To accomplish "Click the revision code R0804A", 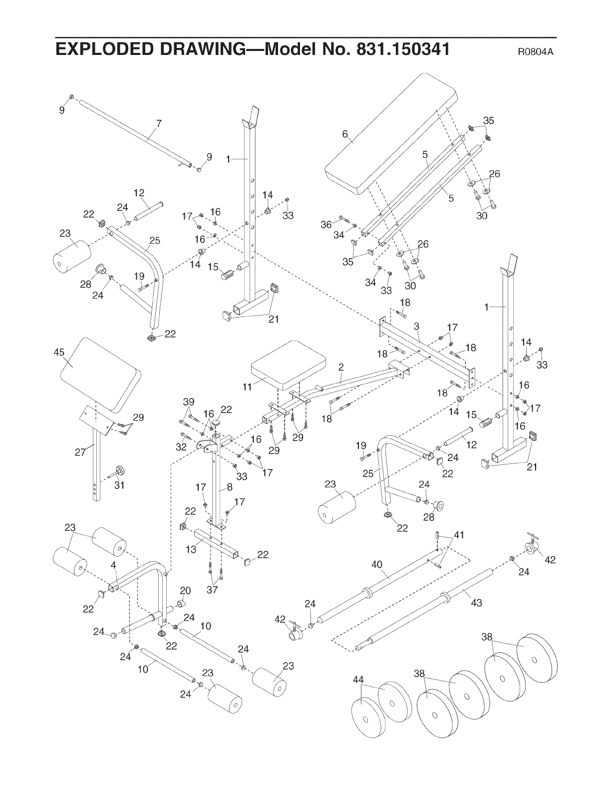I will [x=537, y=51].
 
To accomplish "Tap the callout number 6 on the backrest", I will [x=344, y=133].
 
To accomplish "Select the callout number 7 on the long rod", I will [x=159, y=124].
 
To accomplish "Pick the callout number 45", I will [x=59, y=353].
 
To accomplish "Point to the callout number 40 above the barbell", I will [x=377, y=565].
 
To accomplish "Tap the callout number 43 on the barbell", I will [x=476, y=603].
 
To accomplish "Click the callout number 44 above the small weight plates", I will [x=358, y=679].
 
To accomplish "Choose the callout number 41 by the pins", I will [x=458, y=536].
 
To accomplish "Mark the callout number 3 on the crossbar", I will [x=416, y=326].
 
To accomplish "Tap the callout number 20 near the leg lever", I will [x=185, y=591].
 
